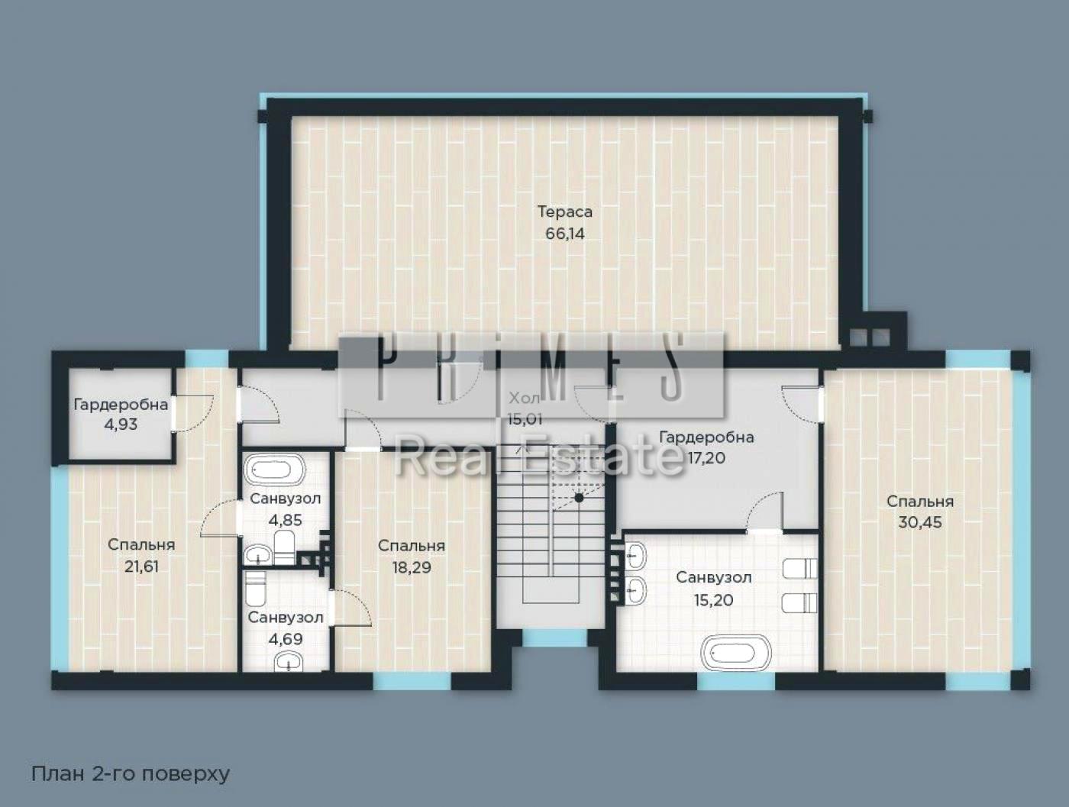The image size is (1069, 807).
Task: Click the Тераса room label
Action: click(x=564, y=211)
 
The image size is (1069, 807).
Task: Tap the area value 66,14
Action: click(x=564, y=234)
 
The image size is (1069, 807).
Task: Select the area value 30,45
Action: click(x=919, y=523)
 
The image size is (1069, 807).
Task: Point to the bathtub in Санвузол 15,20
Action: click(x=736, y=654)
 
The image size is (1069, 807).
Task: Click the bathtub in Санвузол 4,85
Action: click(x=274, y=469)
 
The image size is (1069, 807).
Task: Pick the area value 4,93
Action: click(x=121, y=424)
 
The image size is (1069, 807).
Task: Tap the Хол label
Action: click(x=524, y=398)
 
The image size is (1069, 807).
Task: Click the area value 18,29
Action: click(x=411, y=567)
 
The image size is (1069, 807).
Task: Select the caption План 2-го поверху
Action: click(x=131, y=773)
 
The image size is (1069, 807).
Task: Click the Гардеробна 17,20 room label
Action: click(x=706, y=437)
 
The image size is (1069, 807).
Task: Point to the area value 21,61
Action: click(x=141, y=567)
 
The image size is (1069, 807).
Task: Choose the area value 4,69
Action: click(x=286, y=639)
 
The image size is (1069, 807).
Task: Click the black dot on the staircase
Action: click(x=579, y=498)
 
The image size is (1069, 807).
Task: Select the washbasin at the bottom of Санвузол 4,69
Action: click(x=286, y=661)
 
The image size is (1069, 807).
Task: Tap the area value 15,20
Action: click(x=713, y=600)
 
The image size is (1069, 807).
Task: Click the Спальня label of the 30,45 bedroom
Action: click(x=919, y=502)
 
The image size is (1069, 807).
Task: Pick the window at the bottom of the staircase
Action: click(x=554, y=637)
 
